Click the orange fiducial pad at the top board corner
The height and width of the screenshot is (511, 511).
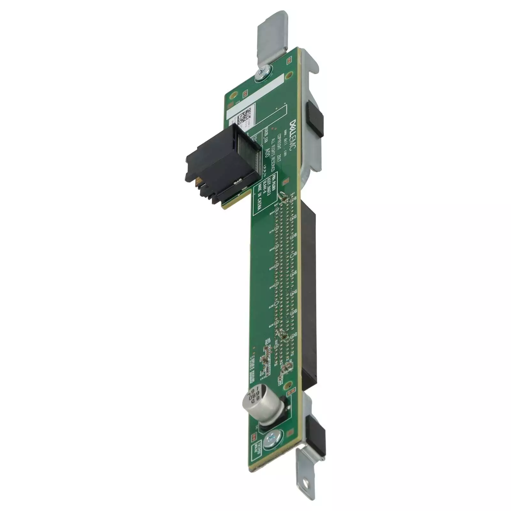tap(289, 59)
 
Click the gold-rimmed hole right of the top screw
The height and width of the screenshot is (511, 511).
tap(289, 75)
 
